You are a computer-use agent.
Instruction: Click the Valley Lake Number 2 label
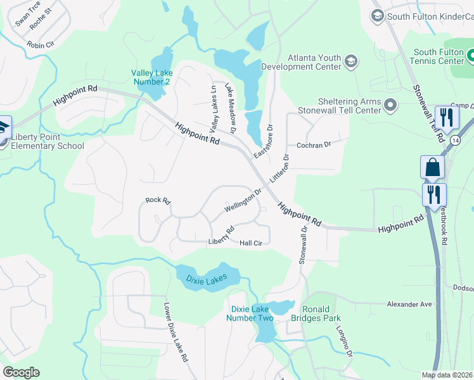[x=151, y=77]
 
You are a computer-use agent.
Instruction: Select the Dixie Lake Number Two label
[x=252, y=313]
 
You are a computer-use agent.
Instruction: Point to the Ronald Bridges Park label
[x=321, y=313]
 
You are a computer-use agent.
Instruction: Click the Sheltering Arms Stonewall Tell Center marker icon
[x=390, y=104]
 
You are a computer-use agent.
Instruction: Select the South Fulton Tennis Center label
[x=439, y=57]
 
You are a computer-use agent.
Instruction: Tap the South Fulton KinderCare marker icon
[x=377, y=15]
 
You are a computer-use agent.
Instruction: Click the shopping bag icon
[x=432, y=167]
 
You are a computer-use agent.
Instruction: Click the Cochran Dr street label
[x=314, y=145]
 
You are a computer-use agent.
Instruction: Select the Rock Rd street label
[x=158, y=201]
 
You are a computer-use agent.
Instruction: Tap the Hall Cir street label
[x=251, y=243]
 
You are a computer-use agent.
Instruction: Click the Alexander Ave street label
[x=409, y=304]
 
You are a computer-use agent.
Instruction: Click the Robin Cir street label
[x=41, y=44]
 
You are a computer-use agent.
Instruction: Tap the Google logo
[x=21, y=372]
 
